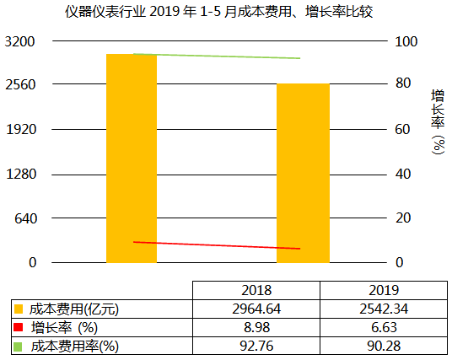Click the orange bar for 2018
[132, 158]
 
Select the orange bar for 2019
[303, 173]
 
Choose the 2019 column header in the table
[383, 289]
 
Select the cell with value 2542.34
[383, 309]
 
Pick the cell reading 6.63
[383, 327]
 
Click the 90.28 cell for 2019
[383, 346]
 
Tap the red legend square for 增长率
[19, 328]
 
